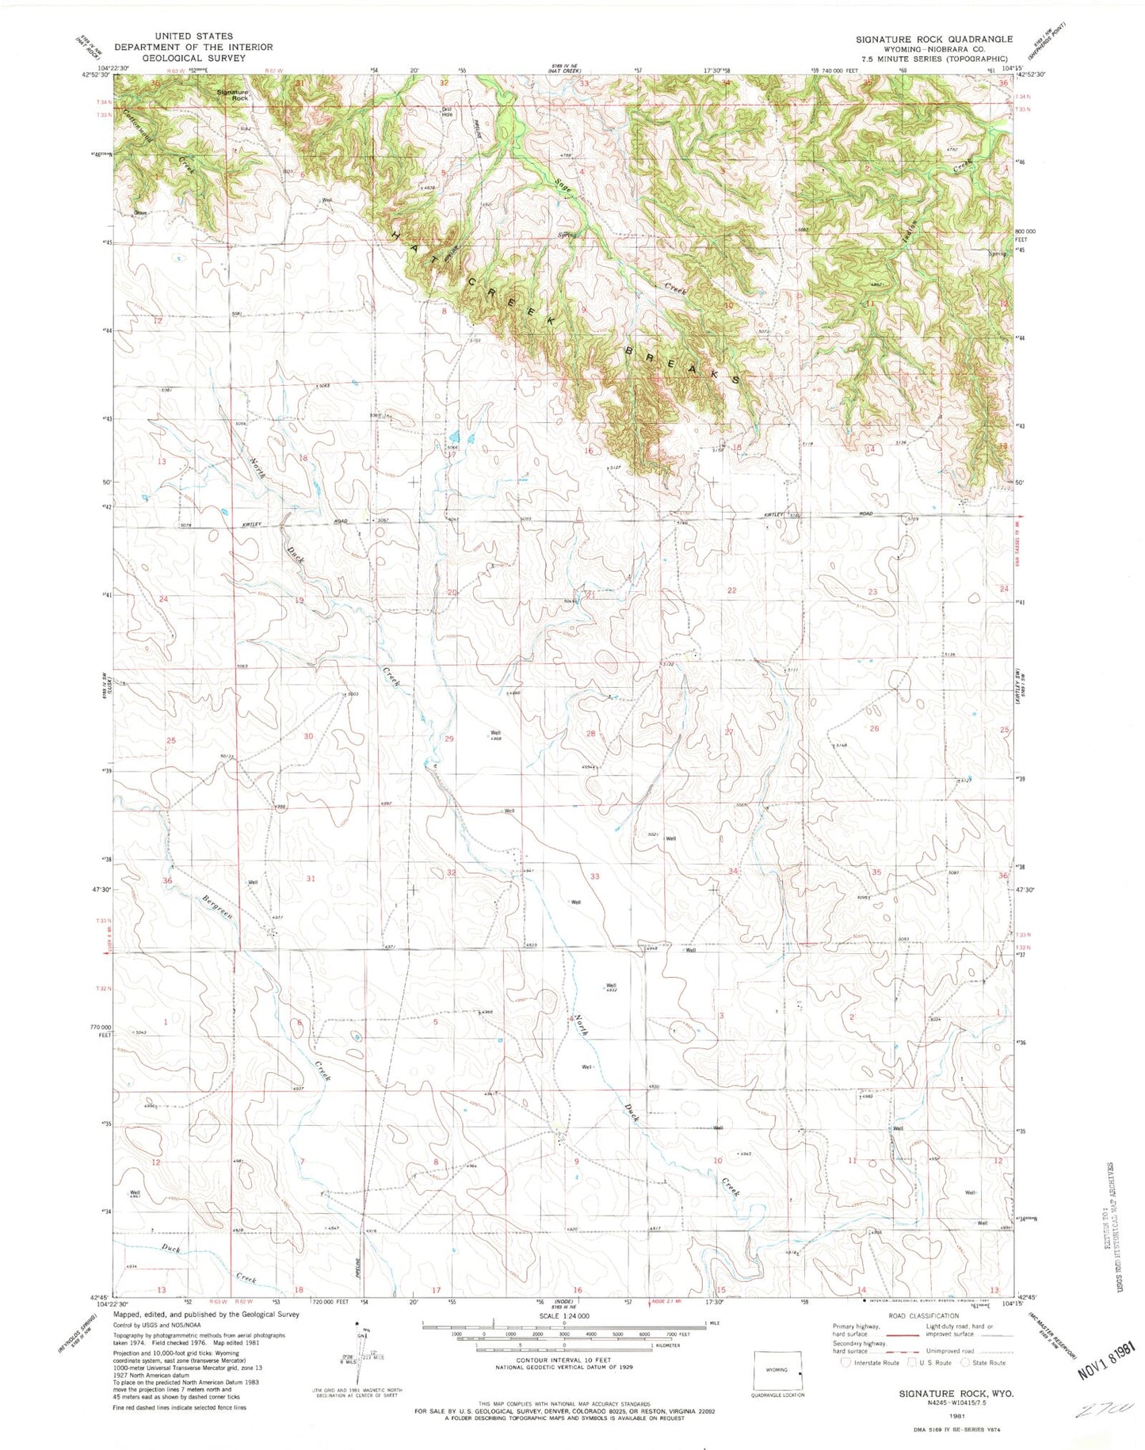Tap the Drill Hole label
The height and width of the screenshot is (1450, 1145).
[447, 112]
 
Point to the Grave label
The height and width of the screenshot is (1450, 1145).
[141, 213]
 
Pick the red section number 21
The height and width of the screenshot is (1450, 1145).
[590, 594]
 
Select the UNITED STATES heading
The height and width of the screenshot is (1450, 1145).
[194, 36]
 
